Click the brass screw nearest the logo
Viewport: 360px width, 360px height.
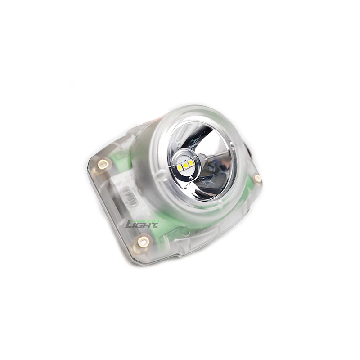click(x=143, y=242)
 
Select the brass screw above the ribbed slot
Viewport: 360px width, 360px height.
click(x=103, y=164)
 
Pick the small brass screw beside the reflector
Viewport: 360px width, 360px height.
click(x=258, y=178)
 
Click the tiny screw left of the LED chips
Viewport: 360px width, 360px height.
click(x=173, y=166)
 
